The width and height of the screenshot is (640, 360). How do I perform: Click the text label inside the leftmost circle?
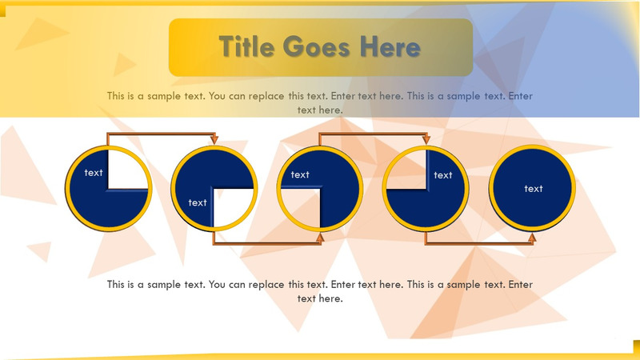94,172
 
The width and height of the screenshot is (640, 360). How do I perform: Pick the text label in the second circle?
198,202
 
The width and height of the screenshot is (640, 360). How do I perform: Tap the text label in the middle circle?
300,174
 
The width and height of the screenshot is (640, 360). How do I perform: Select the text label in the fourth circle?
442,175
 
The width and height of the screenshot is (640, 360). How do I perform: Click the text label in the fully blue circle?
534,189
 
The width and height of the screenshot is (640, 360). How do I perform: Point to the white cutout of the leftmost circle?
128,170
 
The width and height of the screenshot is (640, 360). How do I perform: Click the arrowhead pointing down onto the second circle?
214,141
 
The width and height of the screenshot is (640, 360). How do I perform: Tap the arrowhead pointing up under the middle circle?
320,236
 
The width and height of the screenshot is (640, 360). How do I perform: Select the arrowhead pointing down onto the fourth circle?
426,141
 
